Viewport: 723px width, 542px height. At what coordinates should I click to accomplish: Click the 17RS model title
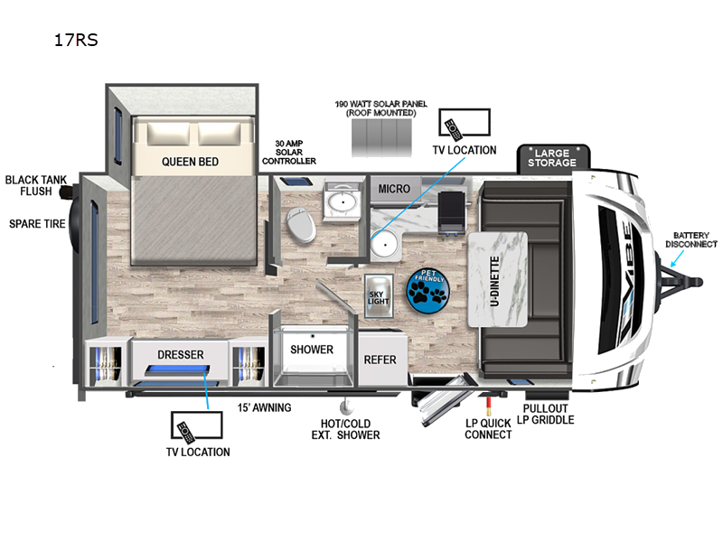[76, 40]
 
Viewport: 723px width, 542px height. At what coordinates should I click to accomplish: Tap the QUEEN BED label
[190, 162]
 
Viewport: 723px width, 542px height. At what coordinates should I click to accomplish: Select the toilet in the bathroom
[301, 224]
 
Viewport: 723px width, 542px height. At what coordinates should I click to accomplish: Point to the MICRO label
[394, 189]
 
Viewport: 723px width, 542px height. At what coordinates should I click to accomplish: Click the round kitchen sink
[386, 243]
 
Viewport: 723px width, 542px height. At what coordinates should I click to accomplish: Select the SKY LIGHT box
[379, 296]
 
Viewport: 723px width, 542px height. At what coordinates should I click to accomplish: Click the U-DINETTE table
[498, 280]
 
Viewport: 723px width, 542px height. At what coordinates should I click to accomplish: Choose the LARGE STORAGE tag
[552, 157]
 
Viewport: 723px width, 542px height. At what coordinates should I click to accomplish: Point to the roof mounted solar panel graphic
[381, 138]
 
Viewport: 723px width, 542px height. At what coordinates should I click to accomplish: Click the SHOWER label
[312, 350]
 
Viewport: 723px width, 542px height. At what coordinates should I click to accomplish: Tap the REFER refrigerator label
[380, 360]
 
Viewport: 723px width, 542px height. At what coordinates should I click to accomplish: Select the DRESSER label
[180, 354]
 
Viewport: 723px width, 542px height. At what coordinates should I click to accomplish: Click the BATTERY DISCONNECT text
[691, 239]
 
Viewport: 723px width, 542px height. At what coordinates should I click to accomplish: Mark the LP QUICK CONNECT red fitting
[488, 405]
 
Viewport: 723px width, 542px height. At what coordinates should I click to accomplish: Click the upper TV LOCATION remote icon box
[465, 123]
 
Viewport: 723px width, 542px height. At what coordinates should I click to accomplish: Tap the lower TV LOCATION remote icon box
[196, 425]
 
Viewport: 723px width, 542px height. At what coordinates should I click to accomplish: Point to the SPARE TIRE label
[37, 224]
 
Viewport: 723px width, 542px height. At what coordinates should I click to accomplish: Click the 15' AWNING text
[264, 408]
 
